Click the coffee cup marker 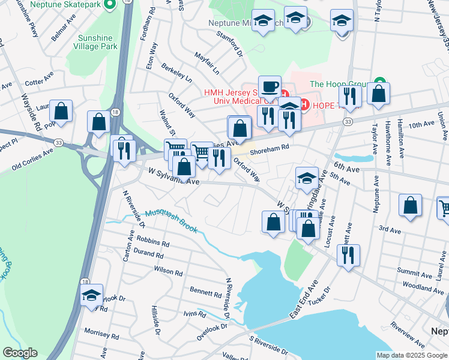click(270, 86)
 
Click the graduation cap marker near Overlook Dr click(92, 295)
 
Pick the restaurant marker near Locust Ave click(348, 255)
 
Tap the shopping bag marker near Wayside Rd click(61, 110)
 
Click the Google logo click(19, 353)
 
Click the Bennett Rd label click(206, 293)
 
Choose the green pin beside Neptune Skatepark click(109, 5)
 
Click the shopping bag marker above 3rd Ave click(410, 206)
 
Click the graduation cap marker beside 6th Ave click(307, 178)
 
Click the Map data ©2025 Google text click(411, 355)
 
